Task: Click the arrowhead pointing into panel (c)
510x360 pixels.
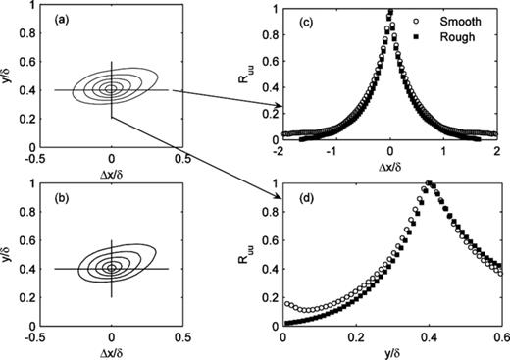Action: point(280,107)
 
